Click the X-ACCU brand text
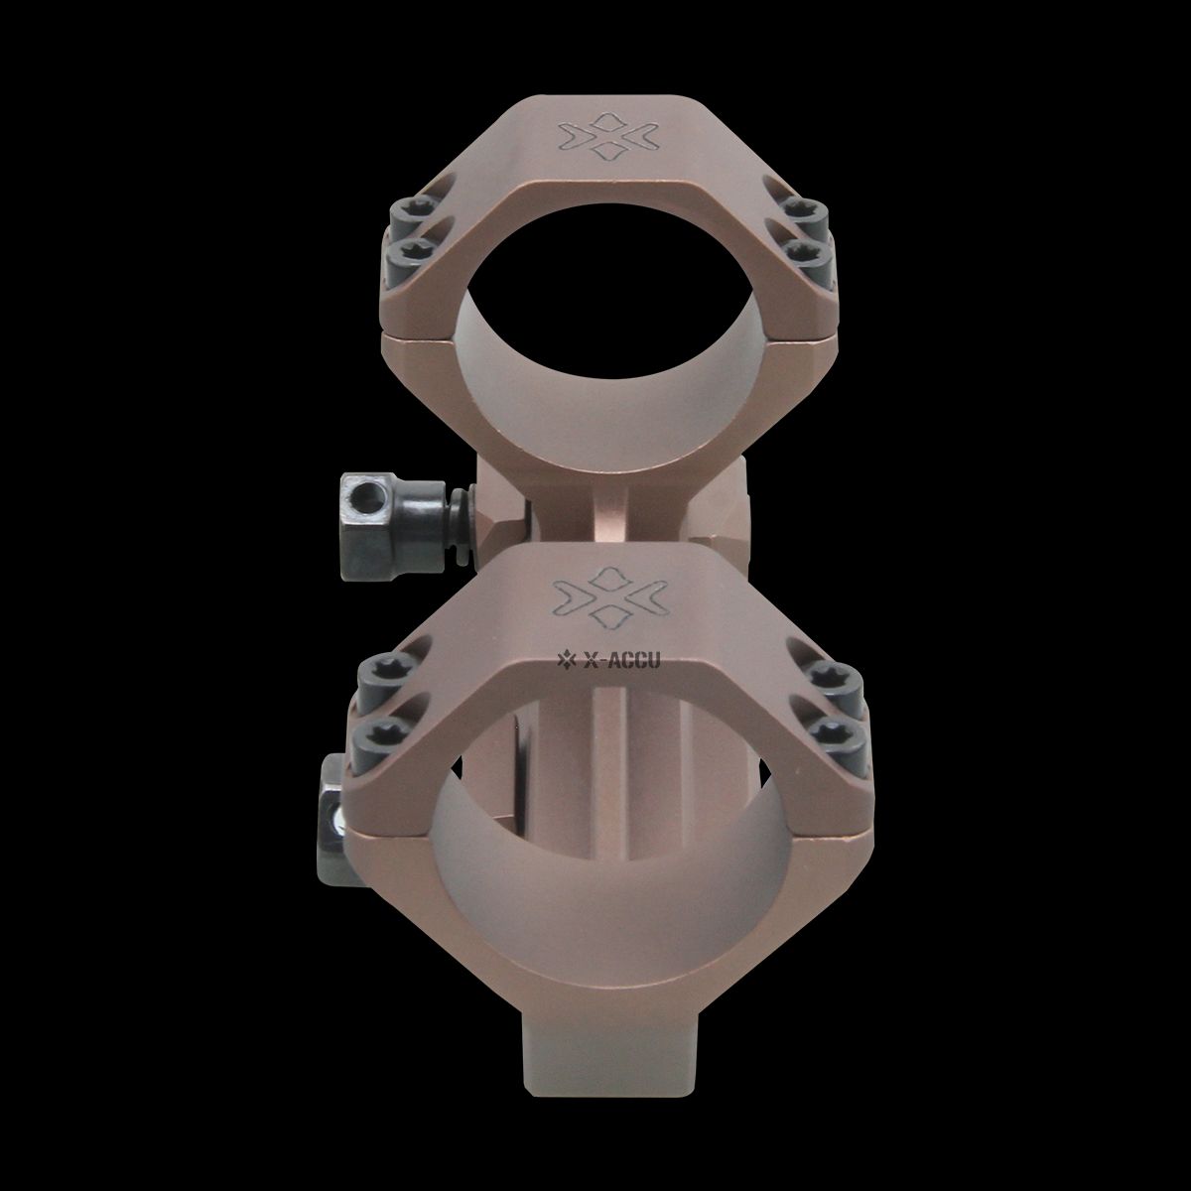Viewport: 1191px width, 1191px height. [x=621, y=661]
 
